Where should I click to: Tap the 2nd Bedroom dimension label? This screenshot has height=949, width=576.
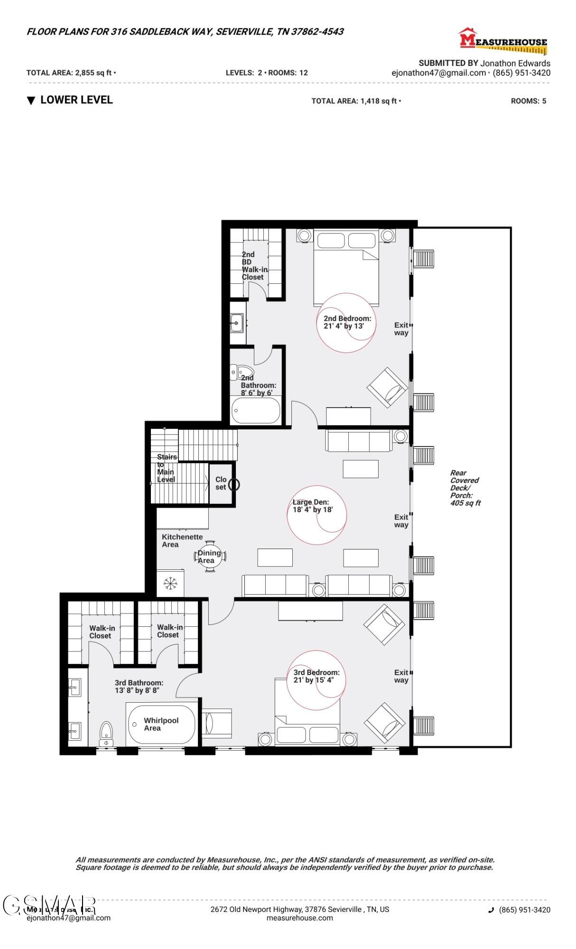(347, 322)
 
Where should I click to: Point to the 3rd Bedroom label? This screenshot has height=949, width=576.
(316, 676)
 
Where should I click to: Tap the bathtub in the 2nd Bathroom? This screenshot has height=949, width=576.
(256, 411)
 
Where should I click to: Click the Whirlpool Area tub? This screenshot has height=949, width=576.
(161, 725)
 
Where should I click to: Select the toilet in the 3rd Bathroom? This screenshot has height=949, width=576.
(106, 733)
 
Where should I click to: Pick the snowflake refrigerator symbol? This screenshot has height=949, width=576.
(169, 584)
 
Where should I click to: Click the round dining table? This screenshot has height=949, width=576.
(210, 557)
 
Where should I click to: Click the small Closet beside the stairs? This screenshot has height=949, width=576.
(221, 483)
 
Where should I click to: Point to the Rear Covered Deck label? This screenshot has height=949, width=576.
(465, 488)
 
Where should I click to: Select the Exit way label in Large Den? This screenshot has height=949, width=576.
(401, 521)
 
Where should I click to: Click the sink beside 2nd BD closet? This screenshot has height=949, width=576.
(236, 323)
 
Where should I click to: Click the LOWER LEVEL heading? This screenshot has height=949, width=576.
(76, 100)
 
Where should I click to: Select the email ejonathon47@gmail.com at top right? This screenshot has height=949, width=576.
(438, 73)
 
